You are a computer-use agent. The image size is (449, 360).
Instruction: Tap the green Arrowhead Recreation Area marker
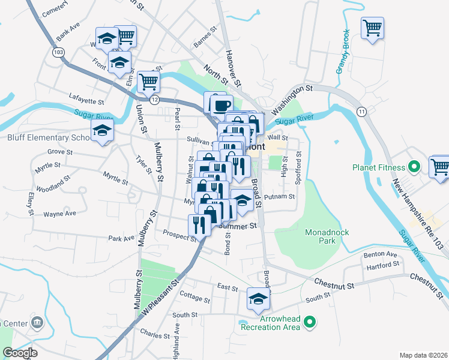pyautogui.click(x=310, y=323)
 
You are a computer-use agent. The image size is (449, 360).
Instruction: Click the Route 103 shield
pyautogui.click(x=58, y=53)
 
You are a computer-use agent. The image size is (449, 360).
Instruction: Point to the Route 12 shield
pyautogui.click(x=154, y=100)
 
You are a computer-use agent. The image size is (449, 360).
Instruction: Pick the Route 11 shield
pyautogui.click(x=361, y=112)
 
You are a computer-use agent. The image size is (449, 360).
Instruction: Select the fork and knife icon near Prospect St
pyautogui.click(x=199, y=224)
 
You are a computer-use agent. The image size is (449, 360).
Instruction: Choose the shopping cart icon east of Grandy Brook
pyautogui.click(x=373, y=28)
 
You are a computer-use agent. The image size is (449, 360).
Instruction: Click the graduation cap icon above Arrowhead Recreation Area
pyautogui.click(x=258, y=299)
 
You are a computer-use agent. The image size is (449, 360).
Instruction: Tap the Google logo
pyautogui.click(x=20, y=353)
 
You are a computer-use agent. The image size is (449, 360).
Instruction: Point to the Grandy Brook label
pyautogui.click(x=342, y=52)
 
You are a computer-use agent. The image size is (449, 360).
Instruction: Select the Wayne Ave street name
pyautogui.click(x=59, y=214)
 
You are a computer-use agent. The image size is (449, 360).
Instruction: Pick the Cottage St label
pyautogui.click(x=194, y=298)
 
